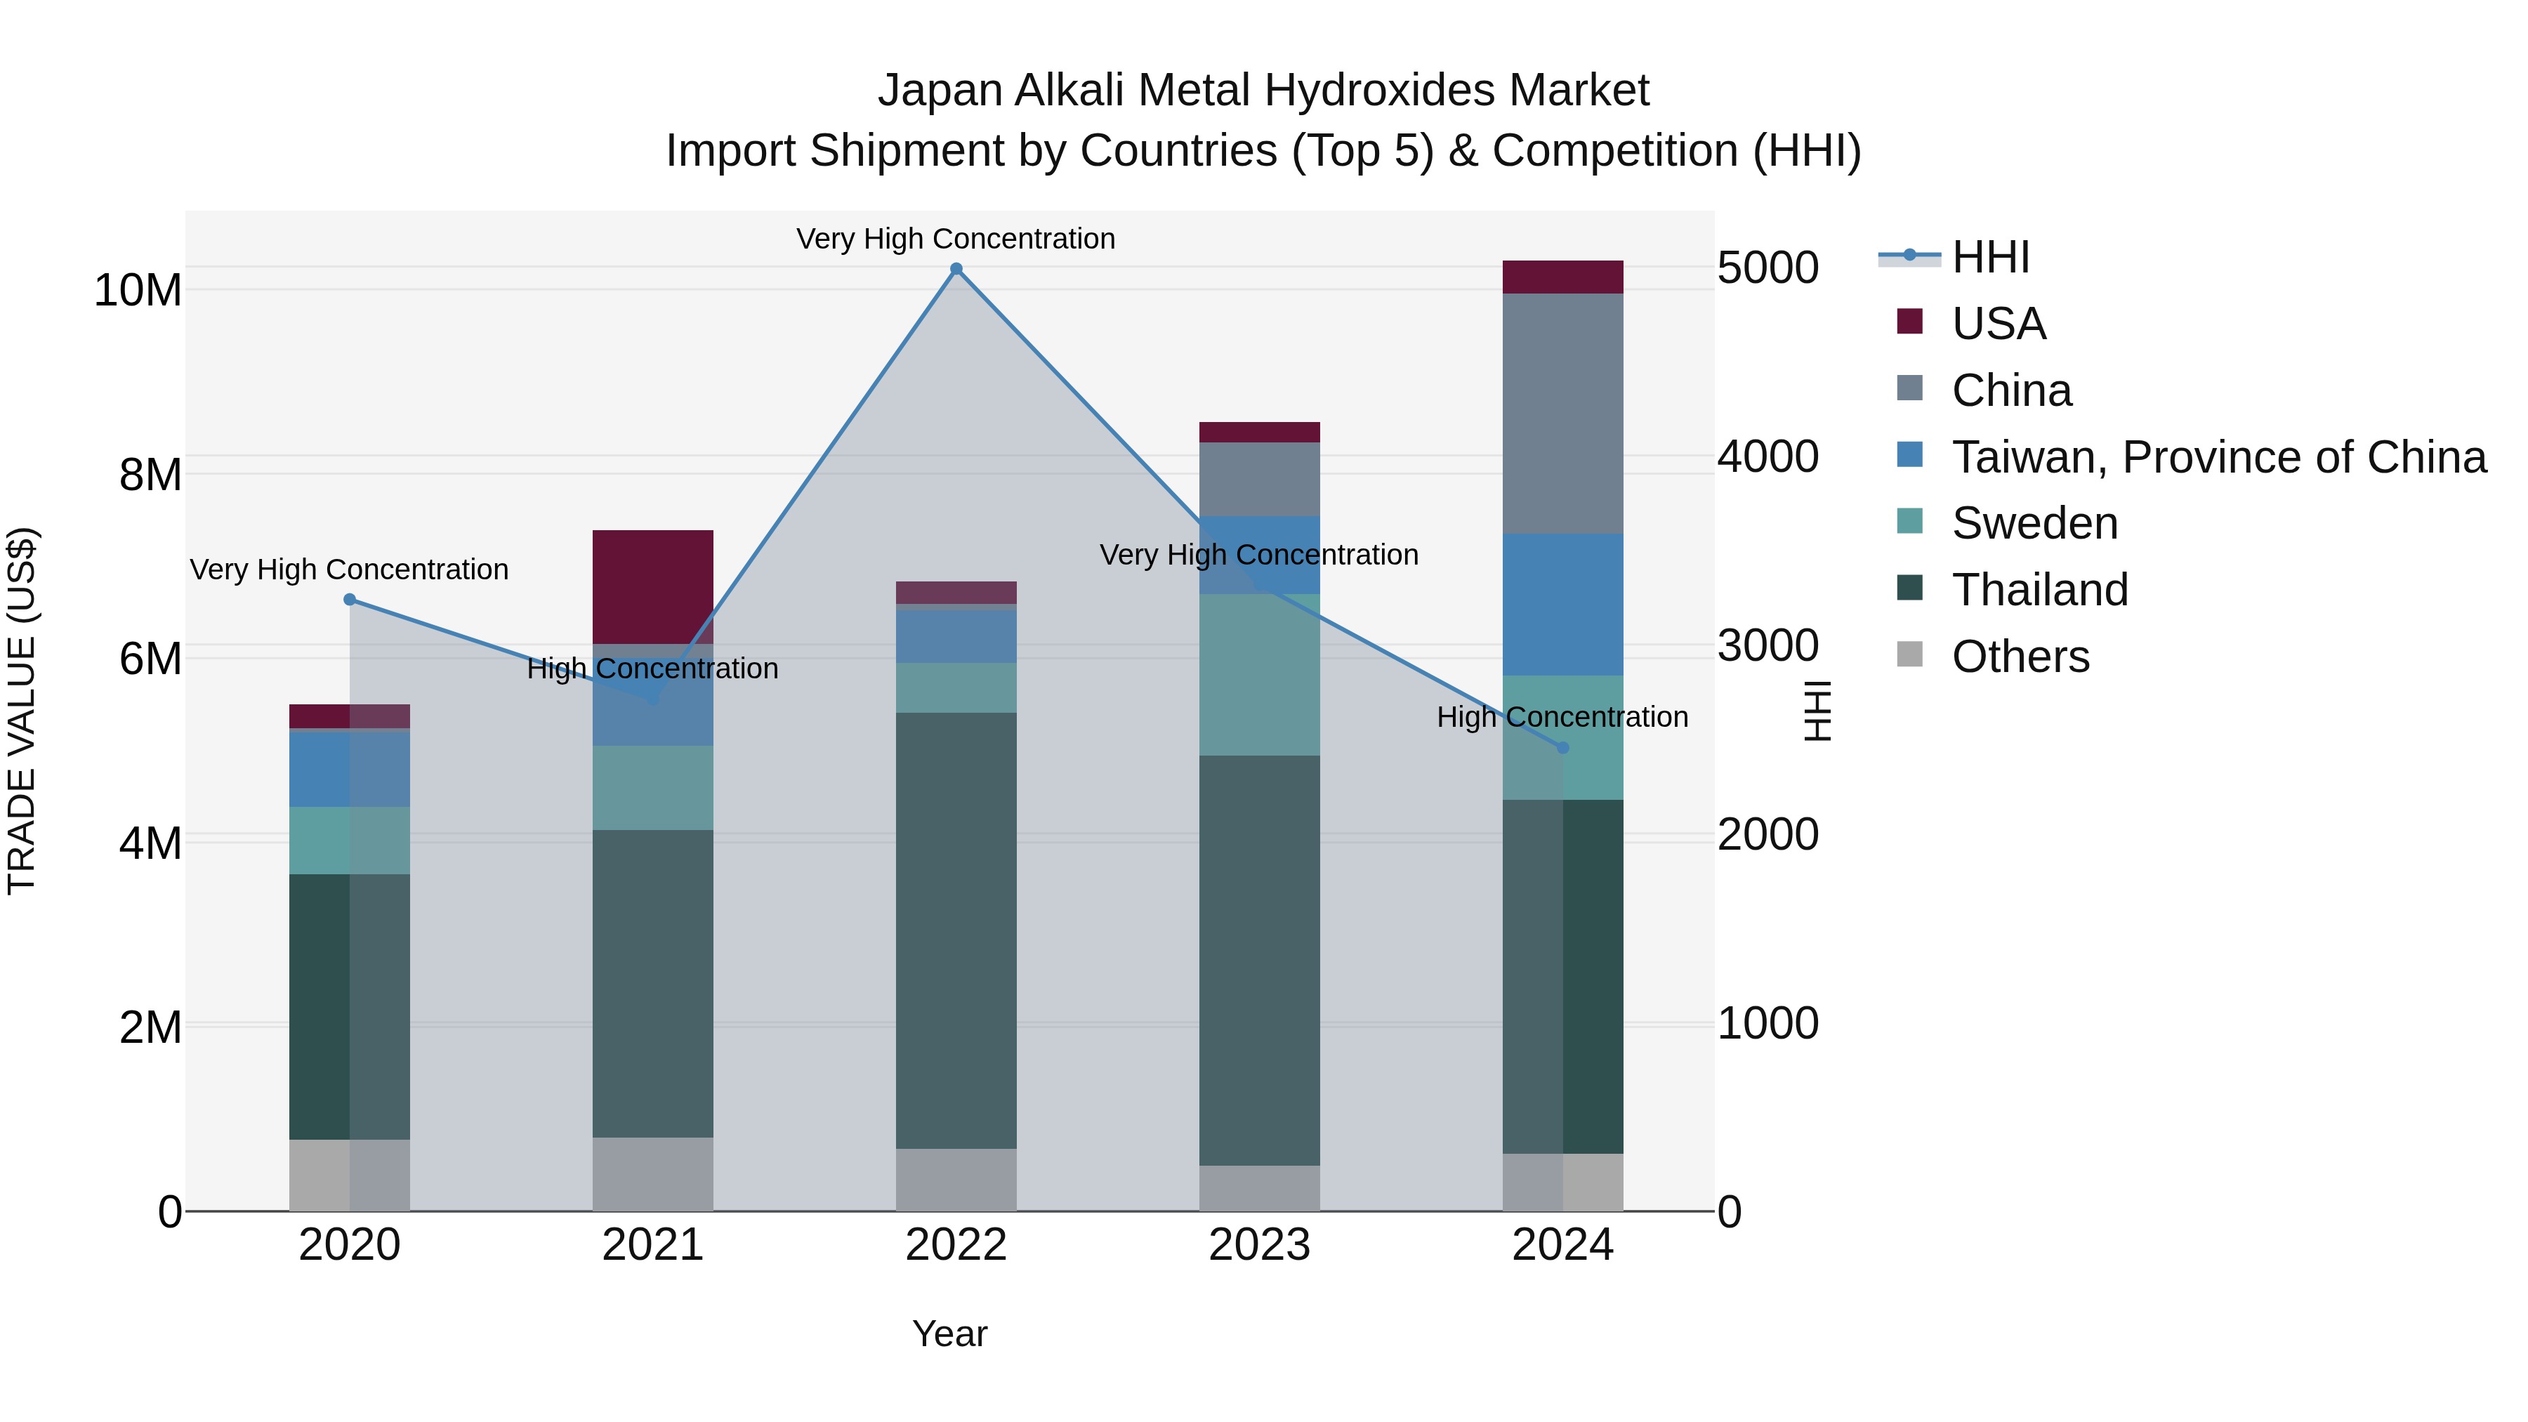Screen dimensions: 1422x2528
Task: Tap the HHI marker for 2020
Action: tap(350, 600)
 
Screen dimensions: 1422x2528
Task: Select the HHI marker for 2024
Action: tap(1562, 748)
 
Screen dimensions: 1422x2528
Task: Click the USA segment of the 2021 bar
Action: tap(652, 586)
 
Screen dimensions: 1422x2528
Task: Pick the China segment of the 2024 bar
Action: tap(1562, 413)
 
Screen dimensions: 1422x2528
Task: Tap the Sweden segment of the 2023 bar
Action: tap(1259, 674)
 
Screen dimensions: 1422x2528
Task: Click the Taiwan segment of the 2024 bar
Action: tap(1562, 605)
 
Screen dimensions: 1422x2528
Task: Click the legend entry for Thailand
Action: tap(2039, 590)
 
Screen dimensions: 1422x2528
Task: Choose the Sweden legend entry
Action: tap(2034, 523)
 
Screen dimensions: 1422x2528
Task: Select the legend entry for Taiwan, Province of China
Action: tap(2218, 457)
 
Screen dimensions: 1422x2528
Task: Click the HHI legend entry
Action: tap(1989, 257)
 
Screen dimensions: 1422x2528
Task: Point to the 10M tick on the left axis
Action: tap(138, 291)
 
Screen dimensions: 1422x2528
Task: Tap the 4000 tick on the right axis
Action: tap(1767, 456)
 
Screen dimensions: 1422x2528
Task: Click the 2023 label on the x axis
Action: tap(1259, 1245)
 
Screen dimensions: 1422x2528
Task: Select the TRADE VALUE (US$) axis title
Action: tap(22, 711)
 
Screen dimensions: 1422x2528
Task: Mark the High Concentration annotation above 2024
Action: tap(1562, 718)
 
